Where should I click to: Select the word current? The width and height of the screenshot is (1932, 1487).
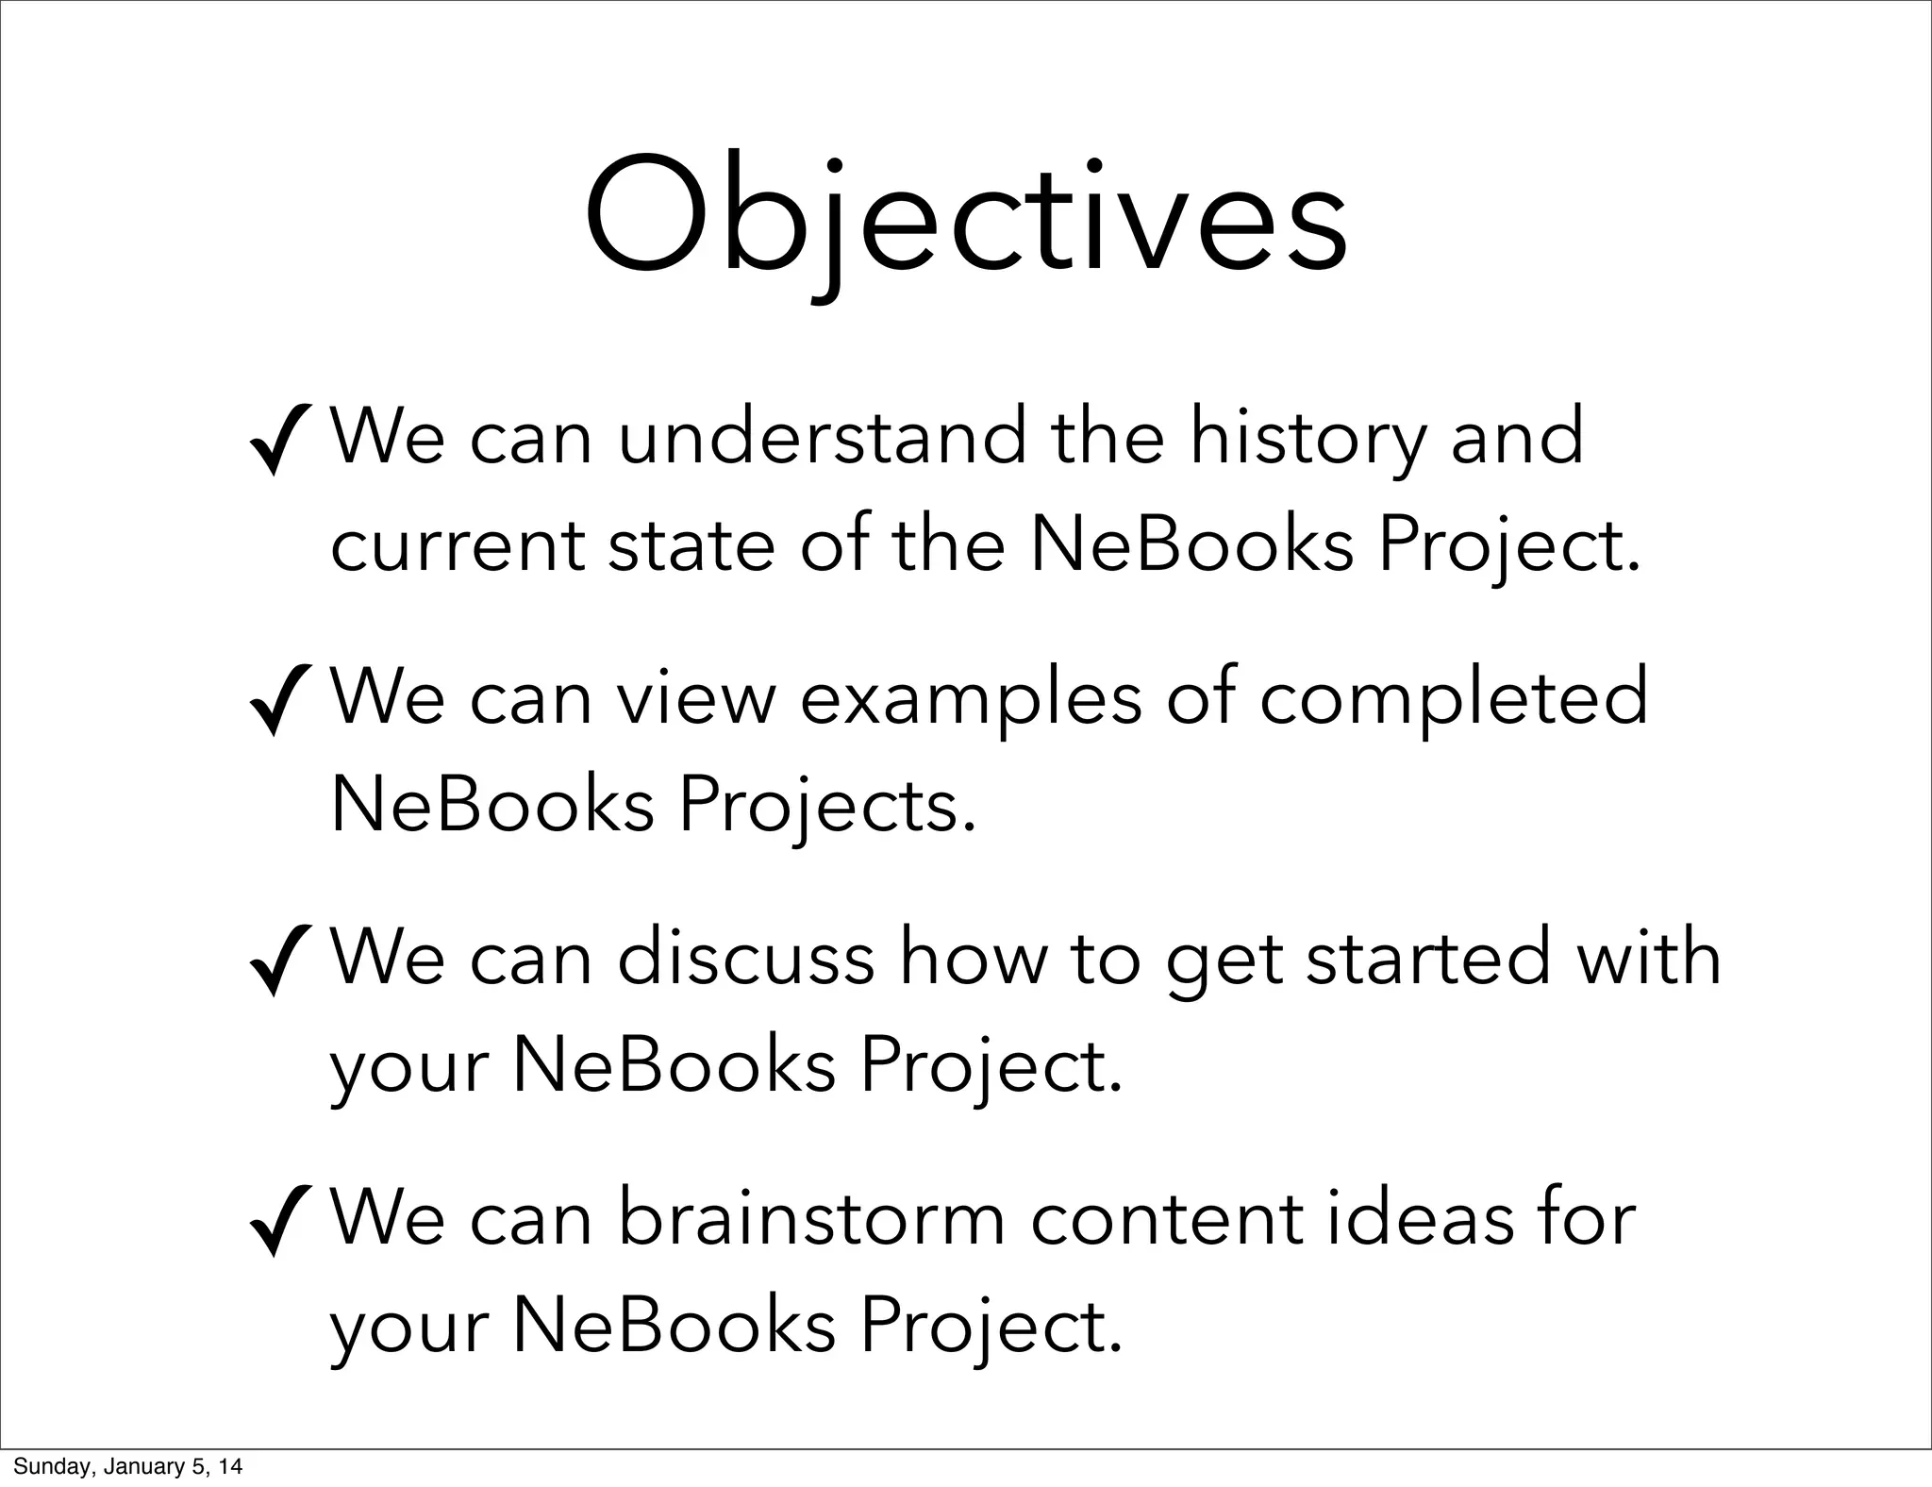458,547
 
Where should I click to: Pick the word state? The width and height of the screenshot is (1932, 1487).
691,547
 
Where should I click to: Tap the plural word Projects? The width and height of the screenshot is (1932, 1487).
826,808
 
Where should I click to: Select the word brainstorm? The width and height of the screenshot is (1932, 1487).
811,1219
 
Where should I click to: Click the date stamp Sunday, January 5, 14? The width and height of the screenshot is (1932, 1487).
127,1466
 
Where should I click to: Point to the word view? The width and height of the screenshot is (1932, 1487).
695,700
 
